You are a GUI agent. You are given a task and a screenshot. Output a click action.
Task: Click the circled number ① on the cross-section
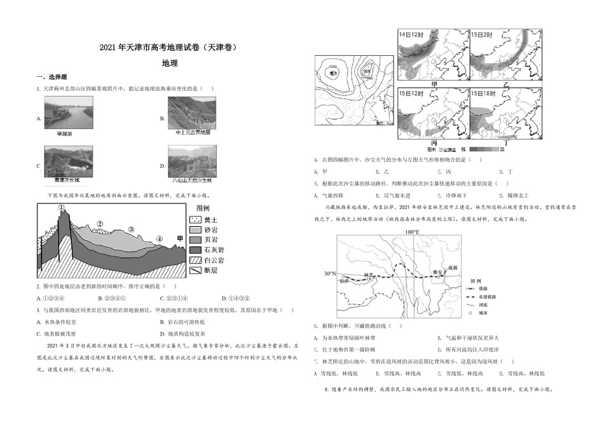tap(62, 207)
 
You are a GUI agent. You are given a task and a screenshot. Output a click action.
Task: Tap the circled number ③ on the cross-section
tap(132, 229)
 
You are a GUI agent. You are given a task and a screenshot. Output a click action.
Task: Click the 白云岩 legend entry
tap(212, 261)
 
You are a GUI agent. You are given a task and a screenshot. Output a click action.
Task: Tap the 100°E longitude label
tap(412, 232)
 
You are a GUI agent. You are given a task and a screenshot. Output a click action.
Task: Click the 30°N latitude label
tap(329, 274)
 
